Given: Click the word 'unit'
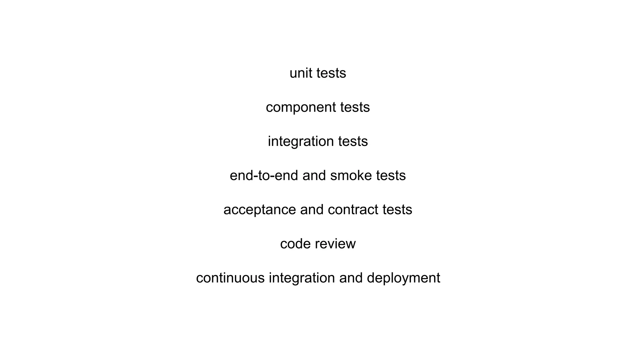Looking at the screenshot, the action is (x=301, y=73).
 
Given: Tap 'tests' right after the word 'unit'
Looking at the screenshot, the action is (x=331, y=73).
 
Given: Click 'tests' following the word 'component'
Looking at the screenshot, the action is (x=355, y=107).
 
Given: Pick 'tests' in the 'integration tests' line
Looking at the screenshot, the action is (x=353, y=142).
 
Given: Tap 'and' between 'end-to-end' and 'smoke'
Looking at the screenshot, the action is (x=314, y=176).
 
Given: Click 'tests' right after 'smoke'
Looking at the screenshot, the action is (x=391, y=176).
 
